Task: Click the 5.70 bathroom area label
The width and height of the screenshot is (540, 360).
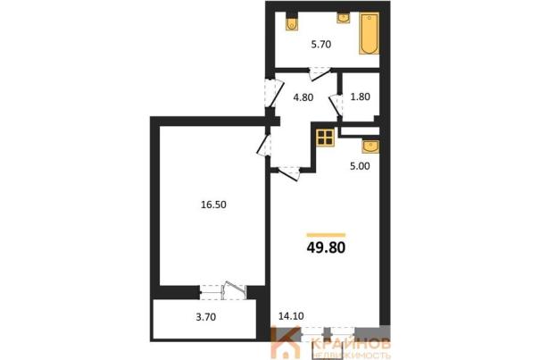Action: point(321,45)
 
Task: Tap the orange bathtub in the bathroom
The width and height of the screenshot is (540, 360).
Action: point(370,33)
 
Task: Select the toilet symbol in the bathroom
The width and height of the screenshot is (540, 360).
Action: point(292,22)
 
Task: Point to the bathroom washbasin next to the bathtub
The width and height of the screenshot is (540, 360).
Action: point(344,18)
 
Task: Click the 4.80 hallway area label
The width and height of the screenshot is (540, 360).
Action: point(303,97)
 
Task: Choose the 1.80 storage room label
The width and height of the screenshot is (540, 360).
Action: point(361,96)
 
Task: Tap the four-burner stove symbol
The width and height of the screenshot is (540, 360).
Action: point(326,138)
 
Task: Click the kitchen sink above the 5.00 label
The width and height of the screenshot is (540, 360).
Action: point(370,147)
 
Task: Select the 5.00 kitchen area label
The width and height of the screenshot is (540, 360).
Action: point(360,166)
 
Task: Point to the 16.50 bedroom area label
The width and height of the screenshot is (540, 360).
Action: point(213,205)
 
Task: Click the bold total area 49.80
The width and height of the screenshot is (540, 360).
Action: point(326,247)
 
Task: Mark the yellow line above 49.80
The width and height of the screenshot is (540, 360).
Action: point(326,235)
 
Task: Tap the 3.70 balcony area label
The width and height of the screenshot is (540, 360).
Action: point(206,317)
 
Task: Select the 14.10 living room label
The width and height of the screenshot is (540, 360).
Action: point(291,316)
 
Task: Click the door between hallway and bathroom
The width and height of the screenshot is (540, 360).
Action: point(320,74)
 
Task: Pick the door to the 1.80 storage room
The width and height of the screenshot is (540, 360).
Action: point(336,105)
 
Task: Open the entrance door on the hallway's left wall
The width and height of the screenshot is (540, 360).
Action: point(274,93)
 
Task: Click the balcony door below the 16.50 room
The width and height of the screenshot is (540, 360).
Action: point(223,291)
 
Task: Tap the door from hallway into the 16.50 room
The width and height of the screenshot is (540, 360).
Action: point(264,145)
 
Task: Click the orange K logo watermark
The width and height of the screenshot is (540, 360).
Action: point(285,342)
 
